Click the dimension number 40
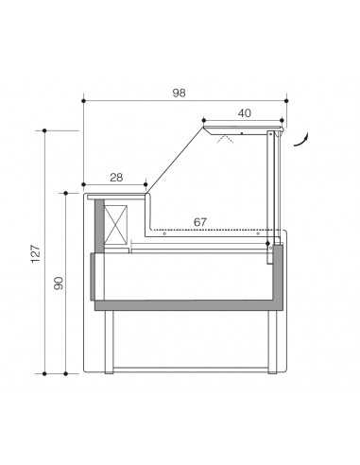coord(243,112)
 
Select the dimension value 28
coord(115,178)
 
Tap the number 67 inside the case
coord(200,221)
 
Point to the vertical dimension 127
coord(35,252)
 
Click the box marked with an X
coord(117,228)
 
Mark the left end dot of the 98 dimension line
coord(83,98)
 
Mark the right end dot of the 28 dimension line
coord(146,185)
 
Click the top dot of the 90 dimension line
coord(65,193)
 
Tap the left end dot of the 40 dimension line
coord(203,120)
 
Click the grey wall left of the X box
coord(98,227)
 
